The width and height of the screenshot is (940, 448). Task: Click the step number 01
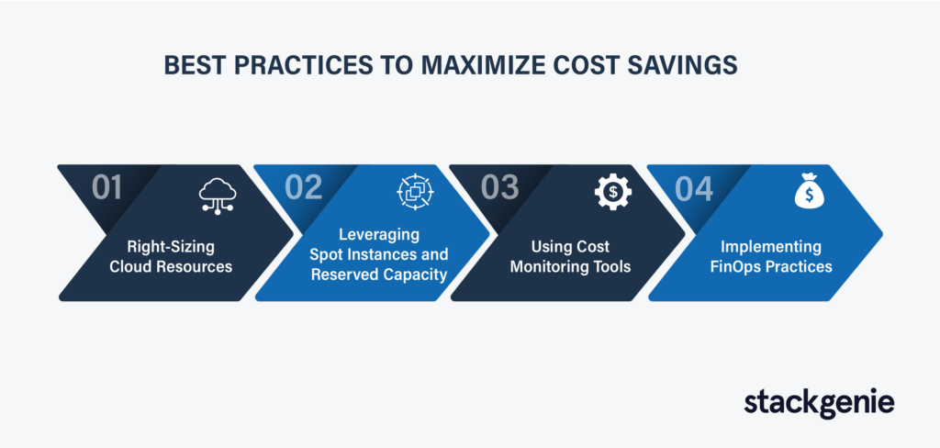106,187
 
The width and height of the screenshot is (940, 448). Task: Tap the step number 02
303,187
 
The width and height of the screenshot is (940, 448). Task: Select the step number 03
499,187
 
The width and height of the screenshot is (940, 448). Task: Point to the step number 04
694,188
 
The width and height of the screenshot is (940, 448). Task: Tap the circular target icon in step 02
414,191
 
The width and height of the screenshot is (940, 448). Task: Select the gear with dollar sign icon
612,193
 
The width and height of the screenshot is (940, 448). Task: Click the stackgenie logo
819,403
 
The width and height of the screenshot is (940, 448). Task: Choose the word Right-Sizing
171,246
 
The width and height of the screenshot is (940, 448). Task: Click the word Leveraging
379,233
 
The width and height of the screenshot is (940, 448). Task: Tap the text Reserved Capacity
379,274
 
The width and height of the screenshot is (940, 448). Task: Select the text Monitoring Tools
571,265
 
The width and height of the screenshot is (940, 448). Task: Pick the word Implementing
771,246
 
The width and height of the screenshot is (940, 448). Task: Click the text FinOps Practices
771,265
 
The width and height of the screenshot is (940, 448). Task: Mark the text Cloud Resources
171,265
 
